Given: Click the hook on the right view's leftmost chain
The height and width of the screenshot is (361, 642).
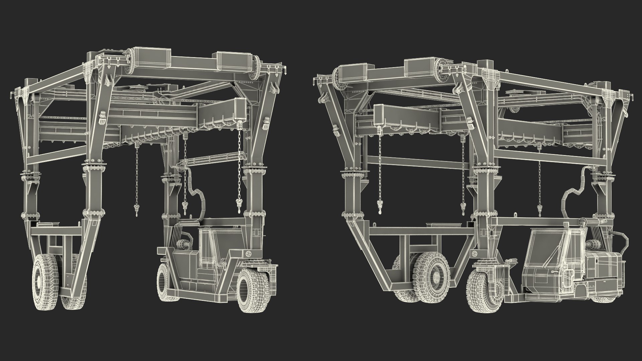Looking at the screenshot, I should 380,207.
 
